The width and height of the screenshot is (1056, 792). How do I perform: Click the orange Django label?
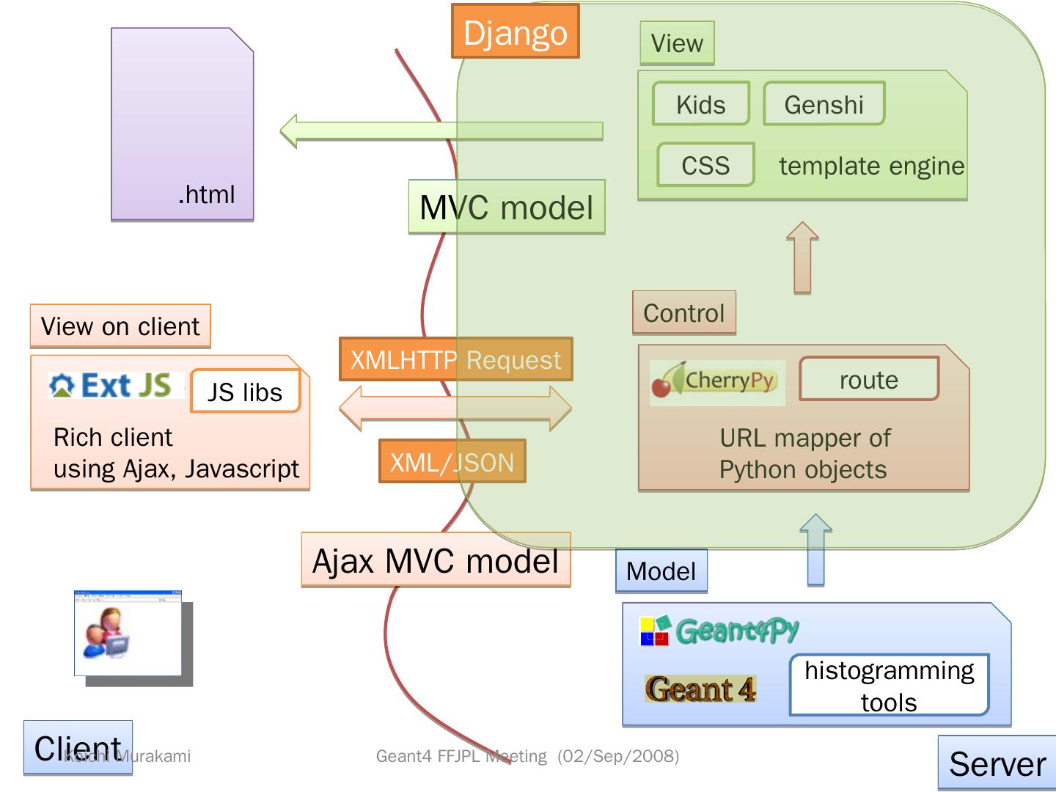click(x=515, y=32)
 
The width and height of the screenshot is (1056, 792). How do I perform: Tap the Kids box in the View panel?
click(x=700, y=104)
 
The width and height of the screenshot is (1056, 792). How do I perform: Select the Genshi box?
click(x=824, y=104)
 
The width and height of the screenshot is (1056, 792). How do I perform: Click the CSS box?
click(x=705, y=165)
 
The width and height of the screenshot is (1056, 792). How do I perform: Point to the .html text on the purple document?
click(x=206, y=194)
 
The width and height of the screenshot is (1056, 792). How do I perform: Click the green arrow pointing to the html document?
click(x=440, y=131)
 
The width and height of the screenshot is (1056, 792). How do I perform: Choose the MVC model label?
click(x=506, y=208)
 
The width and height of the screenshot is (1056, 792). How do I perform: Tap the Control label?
click(x=683, y=313)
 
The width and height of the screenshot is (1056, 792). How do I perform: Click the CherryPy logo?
click(x=716, y=381)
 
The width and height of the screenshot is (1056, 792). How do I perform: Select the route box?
click(x=868, y=379)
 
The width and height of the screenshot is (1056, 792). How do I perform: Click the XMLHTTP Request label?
click(x=455, y=359)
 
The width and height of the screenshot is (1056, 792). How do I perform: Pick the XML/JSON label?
click(x=452, y=462)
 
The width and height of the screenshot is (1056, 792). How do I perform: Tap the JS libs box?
click(x=245, y=392)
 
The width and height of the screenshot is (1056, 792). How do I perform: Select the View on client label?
click(x=120, y=326)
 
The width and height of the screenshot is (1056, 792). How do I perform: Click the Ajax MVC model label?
click(x=436, y=561)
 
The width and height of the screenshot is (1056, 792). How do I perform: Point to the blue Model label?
click(x=661, y=571)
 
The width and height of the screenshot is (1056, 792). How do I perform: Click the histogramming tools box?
click(x=889, y=686)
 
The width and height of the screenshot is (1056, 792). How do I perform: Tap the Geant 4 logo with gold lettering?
click(x=700, y=689)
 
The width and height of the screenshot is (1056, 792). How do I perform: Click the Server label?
click(x=997, y=763)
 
